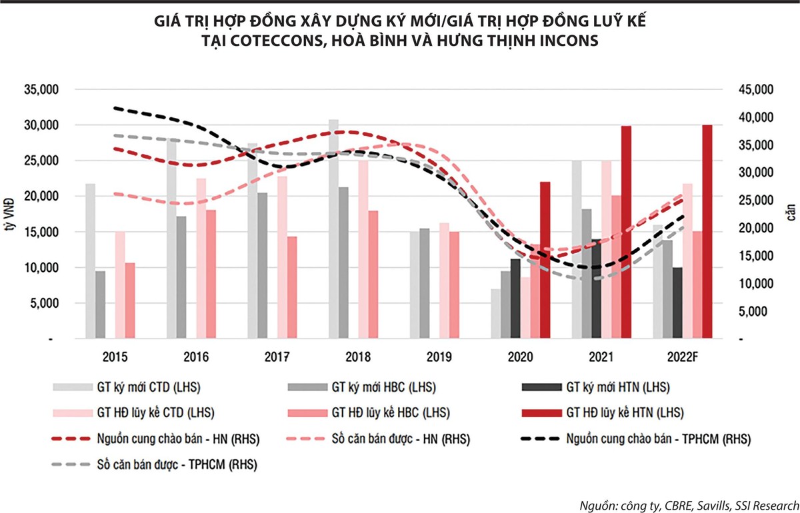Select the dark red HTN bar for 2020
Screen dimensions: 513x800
pyautogui.click(x=545, y=260)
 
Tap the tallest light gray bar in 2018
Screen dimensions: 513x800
pyautogui.click(x=333, y=229)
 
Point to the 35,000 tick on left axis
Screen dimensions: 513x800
pyautogui.click(x=42, y=90)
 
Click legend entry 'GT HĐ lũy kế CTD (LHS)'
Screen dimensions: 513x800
pyautogui.click(x=157, y=412)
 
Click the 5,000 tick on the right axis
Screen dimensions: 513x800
pyautogui.click(x=757, y=312)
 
